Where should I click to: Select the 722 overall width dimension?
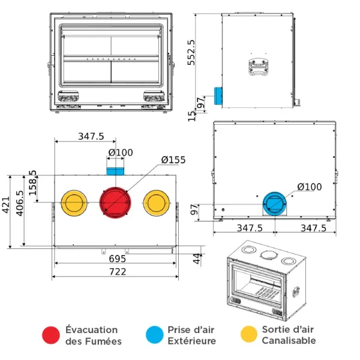[x=118, y=272]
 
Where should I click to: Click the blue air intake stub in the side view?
[x=218, y=94]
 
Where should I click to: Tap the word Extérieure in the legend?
[x=192, y=341]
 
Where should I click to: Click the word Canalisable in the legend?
[x=289, y=341]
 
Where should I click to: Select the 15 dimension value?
[x=192, y=115]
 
